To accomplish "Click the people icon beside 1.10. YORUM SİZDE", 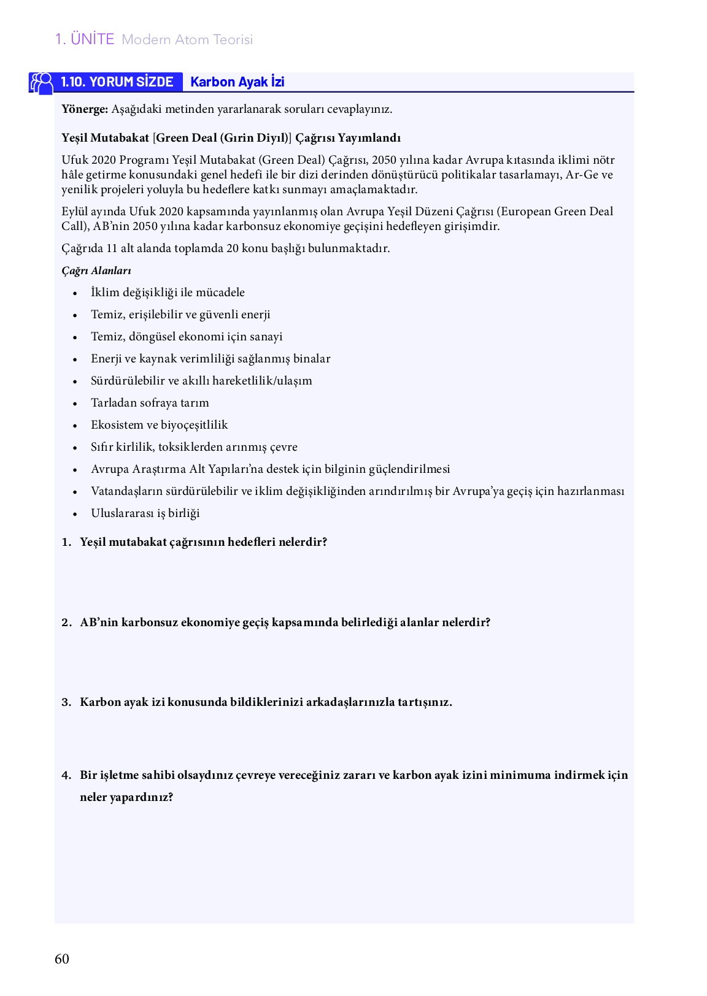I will [42, 83].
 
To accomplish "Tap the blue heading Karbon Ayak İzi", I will [237, 82].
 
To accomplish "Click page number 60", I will [62, 959].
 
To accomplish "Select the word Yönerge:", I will [85, 109].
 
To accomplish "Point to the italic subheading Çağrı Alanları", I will [96, 270].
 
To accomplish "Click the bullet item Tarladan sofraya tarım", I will [150, 403].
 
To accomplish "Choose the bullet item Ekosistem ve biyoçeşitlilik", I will [159, 425].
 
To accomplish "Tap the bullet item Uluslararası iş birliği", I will [145, 513].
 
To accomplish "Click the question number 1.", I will [66, 542].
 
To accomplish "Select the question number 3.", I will [66, 702].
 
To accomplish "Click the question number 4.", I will [66, 775].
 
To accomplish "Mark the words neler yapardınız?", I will [126, 797].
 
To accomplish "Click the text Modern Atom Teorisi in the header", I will [187, 40].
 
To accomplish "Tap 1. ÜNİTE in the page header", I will [85, 39].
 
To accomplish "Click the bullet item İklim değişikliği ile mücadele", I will [168, 293].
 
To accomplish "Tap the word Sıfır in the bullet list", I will [102, 447].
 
